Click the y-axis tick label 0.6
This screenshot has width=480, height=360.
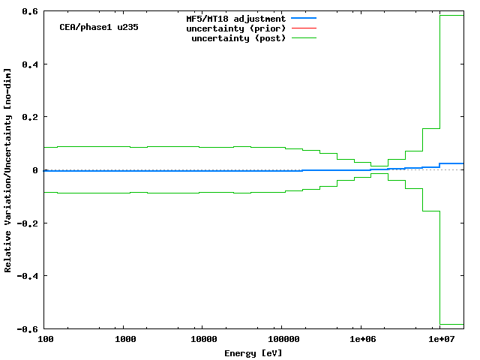[31, 12]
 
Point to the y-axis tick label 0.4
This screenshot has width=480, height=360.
[31, 64]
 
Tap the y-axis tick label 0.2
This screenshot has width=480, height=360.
[31, 118]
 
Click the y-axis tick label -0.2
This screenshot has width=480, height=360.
[29, 223]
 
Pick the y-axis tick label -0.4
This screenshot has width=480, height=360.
[29, 276]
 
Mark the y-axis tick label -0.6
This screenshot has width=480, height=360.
[29, 329]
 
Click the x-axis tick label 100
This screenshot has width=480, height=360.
[45, 340]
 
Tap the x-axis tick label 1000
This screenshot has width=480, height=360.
[125, 340]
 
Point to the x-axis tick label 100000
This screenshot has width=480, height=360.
[280, 340]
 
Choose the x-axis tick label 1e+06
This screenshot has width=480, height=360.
[361, 340]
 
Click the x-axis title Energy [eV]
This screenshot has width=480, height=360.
[253, 352]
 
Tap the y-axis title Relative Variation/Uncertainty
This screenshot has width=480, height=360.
[8, 170]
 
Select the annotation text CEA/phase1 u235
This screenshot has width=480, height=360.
[99, 27]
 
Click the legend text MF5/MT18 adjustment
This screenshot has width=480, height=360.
[235, 17]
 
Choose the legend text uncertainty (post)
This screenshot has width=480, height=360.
[238, 37]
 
